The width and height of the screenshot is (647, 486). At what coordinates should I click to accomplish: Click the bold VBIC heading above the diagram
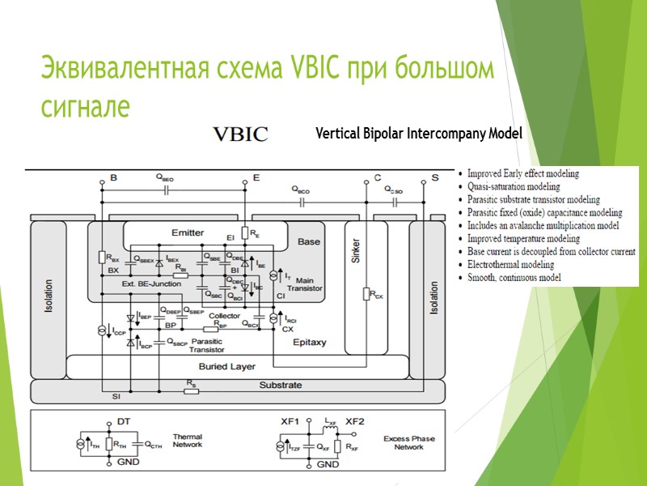[239, 134]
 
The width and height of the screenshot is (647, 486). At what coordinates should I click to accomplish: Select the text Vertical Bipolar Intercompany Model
[419, 133]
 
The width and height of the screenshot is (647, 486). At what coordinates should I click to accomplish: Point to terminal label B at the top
[113, 177]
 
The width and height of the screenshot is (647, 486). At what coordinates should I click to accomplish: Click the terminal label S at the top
[435, 177]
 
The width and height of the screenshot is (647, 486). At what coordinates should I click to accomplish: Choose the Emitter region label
[188, 232]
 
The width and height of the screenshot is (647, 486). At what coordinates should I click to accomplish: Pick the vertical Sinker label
[356, 251]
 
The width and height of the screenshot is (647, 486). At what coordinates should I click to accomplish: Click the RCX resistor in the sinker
[367, 295]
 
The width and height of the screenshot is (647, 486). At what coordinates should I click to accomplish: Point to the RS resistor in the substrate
[191, 390]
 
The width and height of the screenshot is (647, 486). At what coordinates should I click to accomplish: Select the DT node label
[123, 422]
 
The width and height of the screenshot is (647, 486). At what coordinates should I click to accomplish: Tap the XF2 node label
[355, 422]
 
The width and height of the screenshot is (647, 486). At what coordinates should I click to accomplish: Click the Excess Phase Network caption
[408, 442]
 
